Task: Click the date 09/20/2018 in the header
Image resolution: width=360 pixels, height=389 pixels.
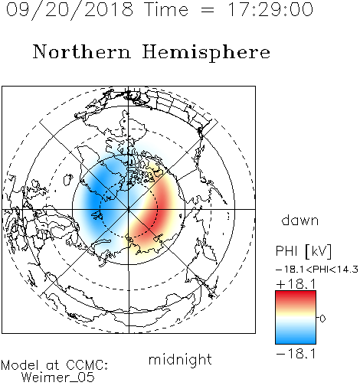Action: tap(70, 9)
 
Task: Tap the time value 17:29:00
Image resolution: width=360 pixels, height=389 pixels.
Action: tap(270, 9)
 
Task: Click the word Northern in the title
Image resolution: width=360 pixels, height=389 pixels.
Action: tap(82, 51)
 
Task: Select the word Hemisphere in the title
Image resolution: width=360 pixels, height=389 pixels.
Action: tap(206, 53)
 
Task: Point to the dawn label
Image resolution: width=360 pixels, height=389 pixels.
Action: tap(300, 220)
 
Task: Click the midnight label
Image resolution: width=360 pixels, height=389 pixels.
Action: tap(180, 359)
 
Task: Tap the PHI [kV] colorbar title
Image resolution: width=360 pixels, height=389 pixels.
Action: tap(303, 251)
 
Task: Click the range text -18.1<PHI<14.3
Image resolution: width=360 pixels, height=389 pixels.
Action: tap(317, 270)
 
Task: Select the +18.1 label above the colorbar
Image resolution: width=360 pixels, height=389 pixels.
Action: tap(296, 284)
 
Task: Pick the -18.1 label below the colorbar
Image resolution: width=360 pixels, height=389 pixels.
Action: tap(296, 354)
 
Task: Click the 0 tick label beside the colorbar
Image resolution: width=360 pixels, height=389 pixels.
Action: tap(322, 319)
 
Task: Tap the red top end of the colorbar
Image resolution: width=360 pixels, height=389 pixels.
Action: tap(296, 293)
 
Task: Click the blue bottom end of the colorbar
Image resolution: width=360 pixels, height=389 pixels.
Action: tap(296, 341)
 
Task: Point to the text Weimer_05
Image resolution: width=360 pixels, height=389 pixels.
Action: tap(58, 378)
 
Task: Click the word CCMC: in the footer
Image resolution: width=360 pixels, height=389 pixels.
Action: tap(87, 365)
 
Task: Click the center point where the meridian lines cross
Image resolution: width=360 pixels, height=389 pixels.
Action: tap(129, 209)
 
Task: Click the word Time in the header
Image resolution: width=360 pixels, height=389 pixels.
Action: tap(166, 9)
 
